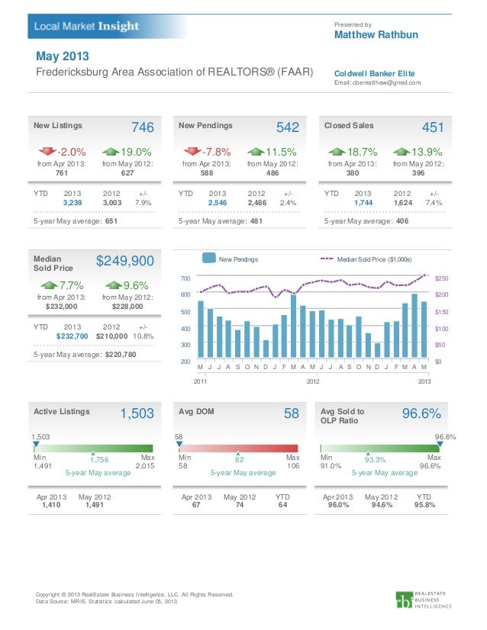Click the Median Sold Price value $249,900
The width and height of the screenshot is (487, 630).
(x=125, y=262)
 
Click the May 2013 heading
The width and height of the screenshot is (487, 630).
(x=63, y=57)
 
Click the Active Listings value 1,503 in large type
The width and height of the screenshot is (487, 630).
(x=137, y=413)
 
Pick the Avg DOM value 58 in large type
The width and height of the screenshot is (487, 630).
(x=292, y=413)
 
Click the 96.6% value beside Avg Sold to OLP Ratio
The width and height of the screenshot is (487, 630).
(x=421, y=413)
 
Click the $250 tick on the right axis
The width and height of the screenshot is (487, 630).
(x=440, y=278)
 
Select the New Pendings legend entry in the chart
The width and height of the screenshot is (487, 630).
(x=238, y=260)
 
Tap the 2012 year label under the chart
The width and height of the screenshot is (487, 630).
(x=312, y=380)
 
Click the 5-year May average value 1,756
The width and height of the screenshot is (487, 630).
(x=101, y=460)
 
